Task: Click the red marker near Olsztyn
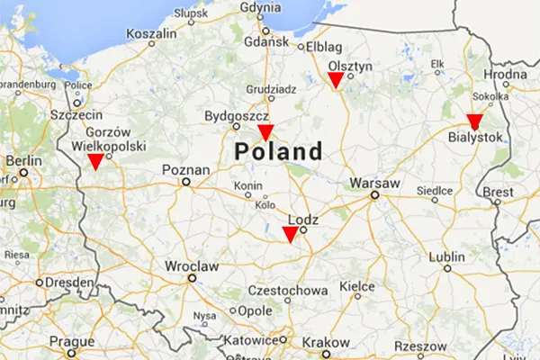point(335,81)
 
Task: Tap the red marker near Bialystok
point(474,121)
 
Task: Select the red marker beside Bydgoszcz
point(265,132)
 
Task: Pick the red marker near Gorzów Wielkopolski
point(94,161)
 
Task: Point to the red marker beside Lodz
point(290,234)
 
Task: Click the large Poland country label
point(277,151)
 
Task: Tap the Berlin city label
point(23,162)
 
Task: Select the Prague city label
point(72,342)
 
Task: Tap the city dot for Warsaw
point(373,194)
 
